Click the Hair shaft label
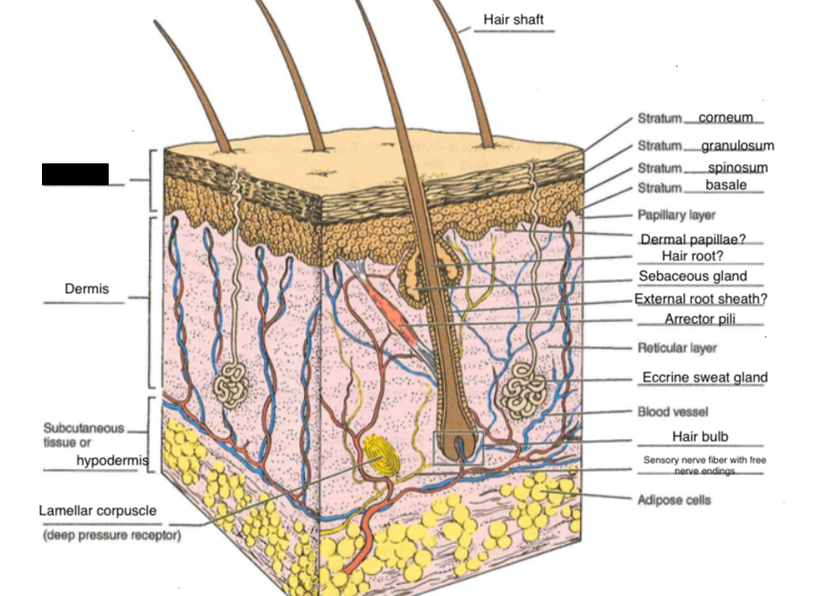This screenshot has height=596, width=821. point(513,19)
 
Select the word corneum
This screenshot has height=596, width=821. point(725,118)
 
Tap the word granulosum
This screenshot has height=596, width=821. point(737,146)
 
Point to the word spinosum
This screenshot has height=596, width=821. point(737,168)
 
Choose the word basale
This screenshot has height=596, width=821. point(725,185)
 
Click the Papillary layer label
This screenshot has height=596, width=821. point(676,215)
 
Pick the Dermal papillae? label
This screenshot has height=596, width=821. point(693,239)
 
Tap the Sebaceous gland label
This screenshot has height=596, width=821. point(692,277)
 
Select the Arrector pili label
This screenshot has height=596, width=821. point(700,319)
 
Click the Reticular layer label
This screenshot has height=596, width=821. point(677,348)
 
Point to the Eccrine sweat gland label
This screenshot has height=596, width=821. point(704,377)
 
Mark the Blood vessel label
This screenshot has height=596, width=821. point(672,412)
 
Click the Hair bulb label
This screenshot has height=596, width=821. point(700,437)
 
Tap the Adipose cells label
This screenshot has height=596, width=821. point(673,500)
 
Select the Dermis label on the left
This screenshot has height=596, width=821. point(87,289)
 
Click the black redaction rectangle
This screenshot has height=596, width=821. point(75,174)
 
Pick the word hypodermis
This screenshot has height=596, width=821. point(111,461)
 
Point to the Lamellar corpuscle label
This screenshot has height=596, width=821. point(98,511)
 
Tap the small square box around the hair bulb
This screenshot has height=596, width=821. point(458,447)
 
